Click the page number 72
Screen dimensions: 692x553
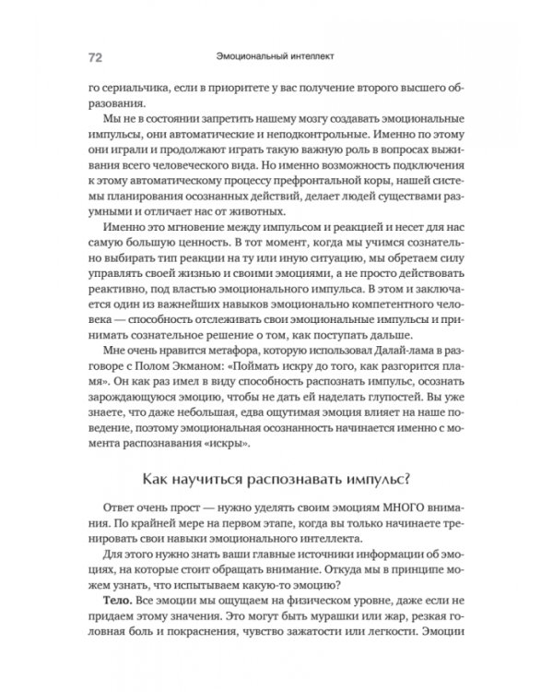pos(95,56)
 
